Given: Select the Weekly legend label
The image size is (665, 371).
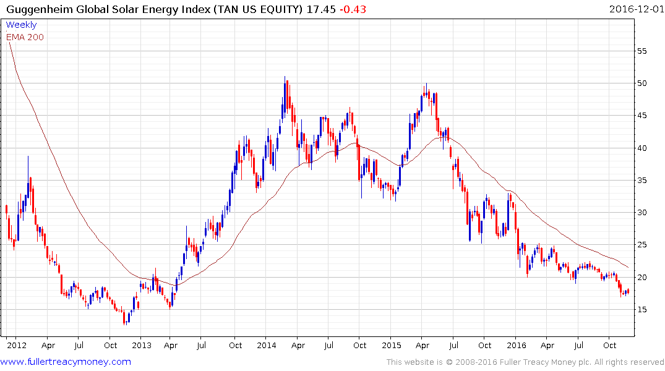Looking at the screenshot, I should (x=21, y=25).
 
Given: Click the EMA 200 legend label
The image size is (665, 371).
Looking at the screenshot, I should (x=25, y=36).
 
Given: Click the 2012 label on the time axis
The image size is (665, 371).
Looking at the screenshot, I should (x=16, y=345).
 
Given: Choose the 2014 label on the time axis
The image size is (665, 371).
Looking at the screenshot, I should (x=267, y=345).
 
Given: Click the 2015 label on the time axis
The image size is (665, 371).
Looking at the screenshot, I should (x=391, y=345).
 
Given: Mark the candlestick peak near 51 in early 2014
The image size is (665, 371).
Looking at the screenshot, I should (x=285, y=79).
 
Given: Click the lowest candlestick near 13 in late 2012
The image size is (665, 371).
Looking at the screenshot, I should (x=125, y=322).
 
